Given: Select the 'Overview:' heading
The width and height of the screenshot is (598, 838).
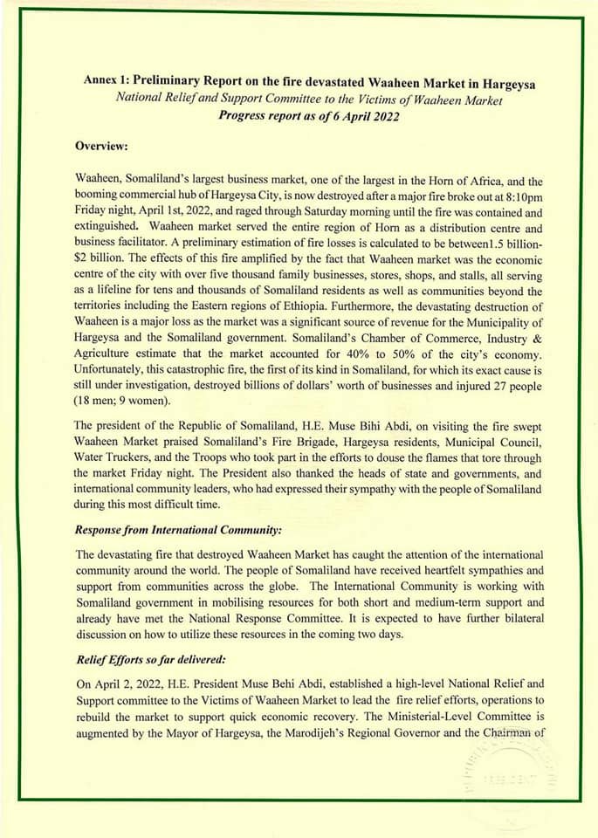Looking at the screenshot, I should [x=102, y=146].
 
